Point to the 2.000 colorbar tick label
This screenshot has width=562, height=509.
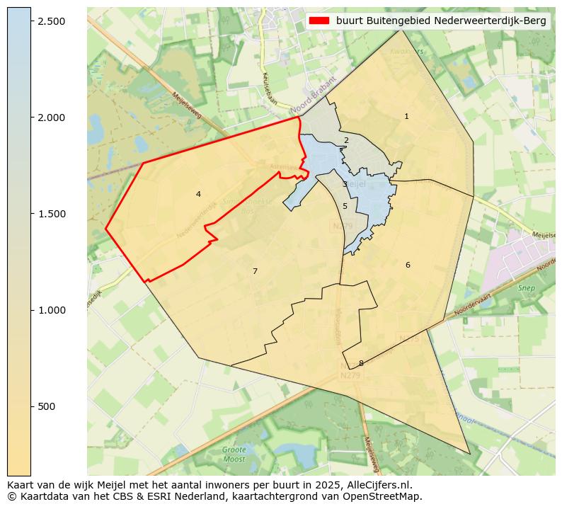(x=51, y=118)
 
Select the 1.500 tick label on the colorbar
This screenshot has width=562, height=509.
(x=51, y=214)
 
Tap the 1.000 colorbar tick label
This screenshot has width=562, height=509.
(x=51, y=310)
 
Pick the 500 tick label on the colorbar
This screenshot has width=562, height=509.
(x=47, y=406)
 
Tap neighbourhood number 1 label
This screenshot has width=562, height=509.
(x=406, y=116)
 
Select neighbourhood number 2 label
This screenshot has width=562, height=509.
(x=346, y=140)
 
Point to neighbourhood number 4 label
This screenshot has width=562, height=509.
(x=198, y=194)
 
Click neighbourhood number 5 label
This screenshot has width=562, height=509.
(x=345, y=206)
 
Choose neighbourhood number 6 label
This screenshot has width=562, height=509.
(x=408, y=265)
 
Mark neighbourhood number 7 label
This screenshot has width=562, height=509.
(x=255, y=271)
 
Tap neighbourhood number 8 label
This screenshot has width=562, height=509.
(x=361, y=363)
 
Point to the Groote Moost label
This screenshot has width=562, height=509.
(x=234, y=454)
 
